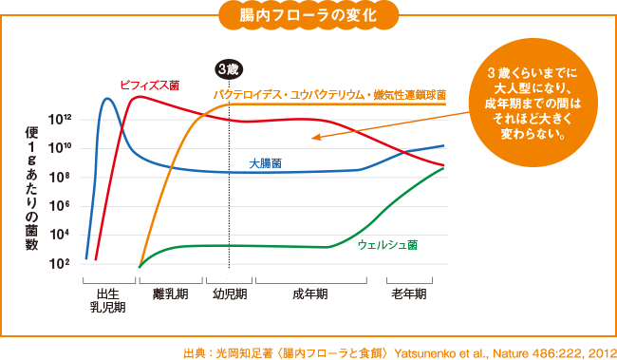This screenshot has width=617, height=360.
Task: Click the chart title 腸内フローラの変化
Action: [308, 17]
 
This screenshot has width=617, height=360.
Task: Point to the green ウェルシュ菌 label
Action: [387, 244]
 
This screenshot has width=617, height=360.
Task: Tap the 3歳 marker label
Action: [228, 68]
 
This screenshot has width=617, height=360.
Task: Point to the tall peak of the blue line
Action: [106, 99]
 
